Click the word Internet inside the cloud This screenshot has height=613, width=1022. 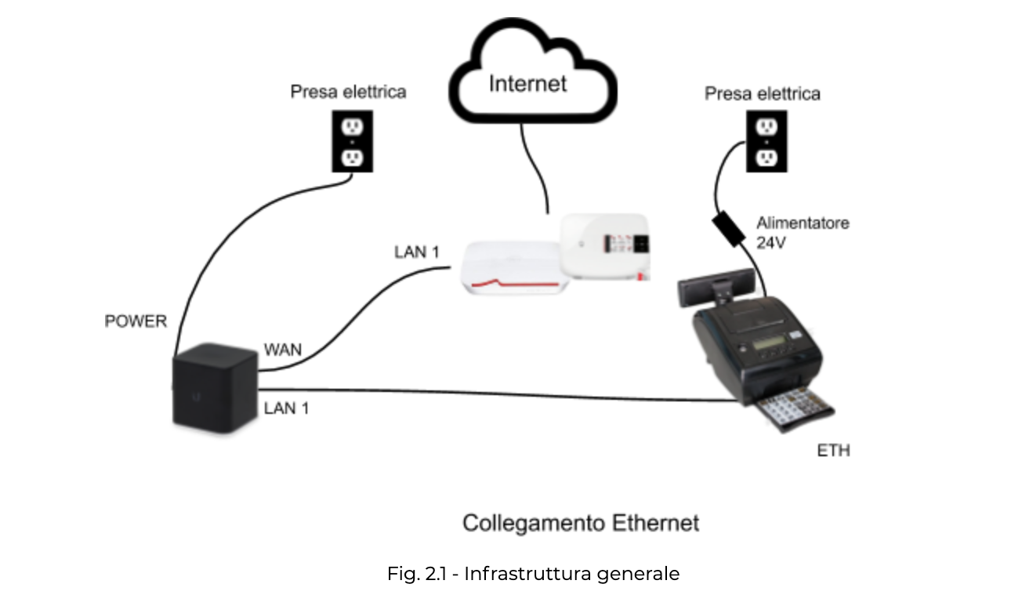point(527,83)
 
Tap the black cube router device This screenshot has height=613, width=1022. point(214,387)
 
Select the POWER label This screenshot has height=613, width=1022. point(136,321)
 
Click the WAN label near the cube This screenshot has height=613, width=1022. point(283,350)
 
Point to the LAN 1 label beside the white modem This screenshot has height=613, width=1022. point(416,252)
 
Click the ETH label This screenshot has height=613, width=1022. point(833,451)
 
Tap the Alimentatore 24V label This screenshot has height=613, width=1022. point(802,233)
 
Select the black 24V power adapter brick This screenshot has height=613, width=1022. point(730,227)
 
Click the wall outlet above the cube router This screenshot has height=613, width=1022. point(352,142)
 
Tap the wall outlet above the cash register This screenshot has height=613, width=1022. point(766,142)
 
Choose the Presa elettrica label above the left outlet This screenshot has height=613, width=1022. point(348,92)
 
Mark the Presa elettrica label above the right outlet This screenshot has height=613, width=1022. point(762,94)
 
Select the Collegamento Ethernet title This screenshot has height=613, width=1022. point(580,523)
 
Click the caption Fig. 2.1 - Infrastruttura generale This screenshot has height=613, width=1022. point(533,574)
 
